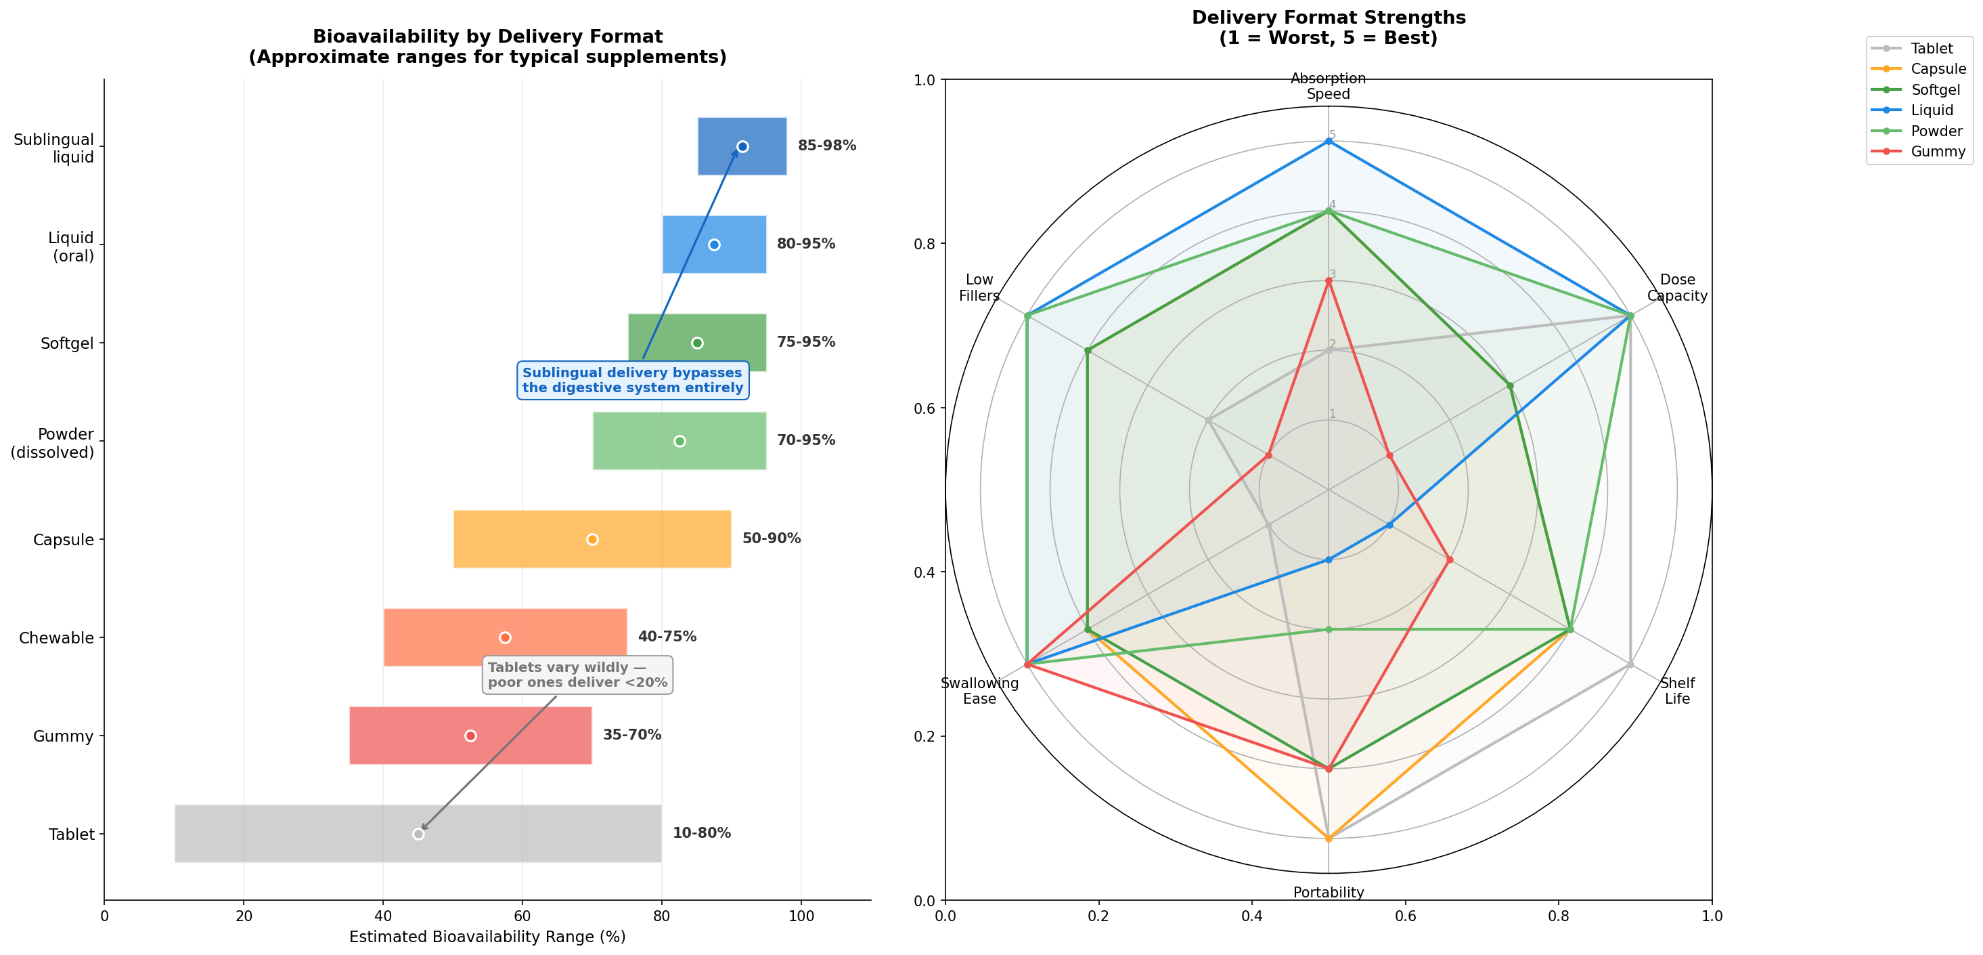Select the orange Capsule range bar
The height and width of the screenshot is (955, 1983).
point(592,539)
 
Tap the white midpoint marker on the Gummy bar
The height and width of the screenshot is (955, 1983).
point(470,736)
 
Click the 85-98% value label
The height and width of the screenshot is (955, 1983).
point(827,146)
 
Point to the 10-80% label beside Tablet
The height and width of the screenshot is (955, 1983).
point(701,832)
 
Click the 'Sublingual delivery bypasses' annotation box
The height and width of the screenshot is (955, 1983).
point(633,380)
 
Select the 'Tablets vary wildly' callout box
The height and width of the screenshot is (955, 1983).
point(577,675)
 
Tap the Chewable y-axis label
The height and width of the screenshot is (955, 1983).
point(56,638)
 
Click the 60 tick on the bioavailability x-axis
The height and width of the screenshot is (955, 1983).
point(522,916)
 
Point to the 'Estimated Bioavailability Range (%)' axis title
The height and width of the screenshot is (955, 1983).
point(487,937)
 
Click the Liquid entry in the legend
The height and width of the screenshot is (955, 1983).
point(1932,110)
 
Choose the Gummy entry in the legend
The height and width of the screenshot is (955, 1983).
point(1938,152)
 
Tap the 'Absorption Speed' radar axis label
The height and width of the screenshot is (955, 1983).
point(1328,86)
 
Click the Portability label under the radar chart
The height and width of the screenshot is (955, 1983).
point(1328,893)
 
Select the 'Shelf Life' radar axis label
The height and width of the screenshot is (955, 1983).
point(1676,691)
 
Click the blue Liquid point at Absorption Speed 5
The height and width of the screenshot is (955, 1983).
point(1328,141)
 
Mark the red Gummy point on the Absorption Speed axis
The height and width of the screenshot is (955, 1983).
point(1328,281)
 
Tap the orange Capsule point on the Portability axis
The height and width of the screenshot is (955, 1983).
point(1328,839)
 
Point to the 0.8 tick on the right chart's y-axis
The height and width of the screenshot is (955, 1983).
point(923,244)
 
